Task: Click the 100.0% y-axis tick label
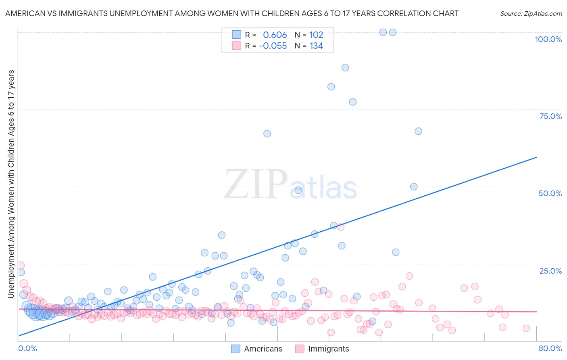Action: [x=548, y=39]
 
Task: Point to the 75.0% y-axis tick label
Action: [x=550, y=116]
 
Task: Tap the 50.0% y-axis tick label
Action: [x=550, y=193]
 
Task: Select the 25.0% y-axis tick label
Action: [x=550, y=270]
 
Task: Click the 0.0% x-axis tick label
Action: [x=27, y=348]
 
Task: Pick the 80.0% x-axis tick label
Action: [x=550, y=348]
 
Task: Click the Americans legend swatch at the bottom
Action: [x=236, y=349]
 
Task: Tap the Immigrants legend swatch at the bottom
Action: [x=300, y=349]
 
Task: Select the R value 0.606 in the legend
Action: [x=275, y=35]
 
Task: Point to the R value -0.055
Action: [x=273, y=46]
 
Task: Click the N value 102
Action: [x=316, y=35]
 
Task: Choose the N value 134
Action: [x=316, y=46]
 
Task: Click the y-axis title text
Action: [x=11, y=184]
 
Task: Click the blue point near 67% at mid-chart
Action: [x=267, y=134]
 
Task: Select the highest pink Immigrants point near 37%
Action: [x=340, y=227]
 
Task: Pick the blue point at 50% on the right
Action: [x=414, y=186]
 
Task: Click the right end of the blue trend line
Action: [x=536, y=157]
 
